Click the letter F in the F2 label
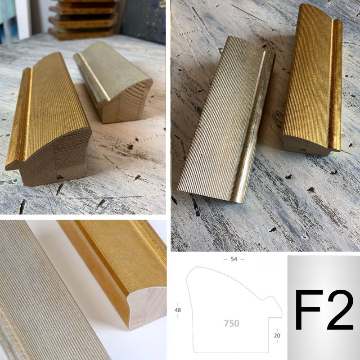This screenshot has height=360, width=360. pos(308,310)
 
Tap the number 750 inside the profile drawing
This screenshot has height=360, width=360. pos(231,324)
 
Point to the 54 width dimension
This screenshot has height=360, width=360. pos(234,259)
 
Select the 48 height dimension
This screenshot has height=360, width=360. pos(177,310)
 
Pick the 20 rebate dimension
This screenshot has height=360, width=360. pos(277,335)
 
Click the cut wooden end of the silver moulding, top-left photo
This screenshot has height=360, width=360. pos(129,101)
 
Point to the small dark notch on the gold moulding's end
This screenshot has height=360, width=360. pos(60,177)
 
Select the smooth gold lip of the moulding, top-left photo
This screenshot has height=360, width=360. pos(18,115)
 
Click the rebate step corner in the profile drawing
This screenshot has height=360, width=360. pos(269,318)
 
